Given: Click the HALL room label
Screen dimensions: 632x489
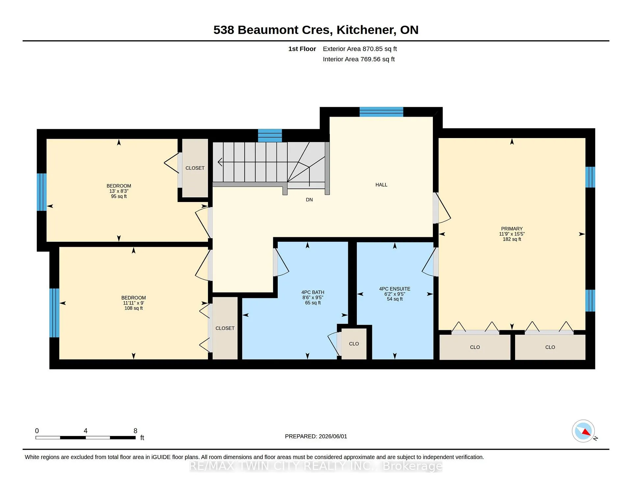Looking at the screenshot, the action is coord(381,185).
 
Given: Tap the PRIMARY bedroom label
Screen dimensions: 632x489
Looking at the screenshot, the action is coord(512,229).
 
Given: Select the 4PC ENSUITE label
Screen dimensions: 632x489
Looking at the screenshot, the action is coord(395,289).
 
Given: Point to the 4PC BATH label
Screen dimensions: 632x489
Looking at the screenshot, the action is coord(313,292).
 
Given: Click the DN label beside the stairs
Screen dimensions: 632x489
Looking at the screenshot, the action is coord(309,200).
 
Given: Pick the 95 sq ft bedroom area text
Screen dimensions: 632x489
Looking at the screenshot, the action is coord(119,196).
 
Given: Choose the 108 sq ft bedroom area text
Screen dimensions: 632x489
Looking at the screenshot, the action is coord(133,308).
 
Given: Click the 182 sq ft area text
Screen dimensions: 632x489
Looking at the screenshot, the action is coord(512,239).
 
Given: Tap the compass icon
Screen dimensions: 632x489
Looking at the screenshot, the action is coord(583,431).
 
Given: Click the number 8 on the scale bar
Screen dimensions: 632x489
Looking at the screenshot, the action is coord(135,431).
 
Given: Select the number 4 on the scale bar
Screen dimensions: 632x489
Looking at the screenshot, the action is coord(86,431).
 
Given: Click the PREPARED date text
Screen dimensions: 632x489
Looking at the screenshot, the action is coord(316,436).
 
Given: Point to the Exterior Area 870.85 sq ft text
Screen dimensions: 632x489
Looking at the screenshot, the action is coord(360,49).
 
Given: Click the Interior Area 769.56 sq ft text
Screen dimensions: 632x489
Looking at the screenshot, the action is coord(359,59).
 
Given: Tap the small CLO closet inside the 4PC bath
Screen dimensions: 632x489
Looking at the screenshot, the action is coord(354,344).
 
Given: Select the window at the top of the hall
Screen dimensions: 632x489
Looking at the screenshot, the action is coord(381,112).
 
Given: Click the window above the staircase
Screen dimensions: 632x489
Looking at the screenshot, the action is coord(270,135).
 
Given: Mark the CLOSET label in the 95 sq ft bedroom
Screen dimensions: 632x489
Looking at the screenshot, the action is coord(195,168).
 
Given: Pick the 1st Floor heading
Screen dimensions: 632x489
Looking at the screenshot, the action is coord(302,49).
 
